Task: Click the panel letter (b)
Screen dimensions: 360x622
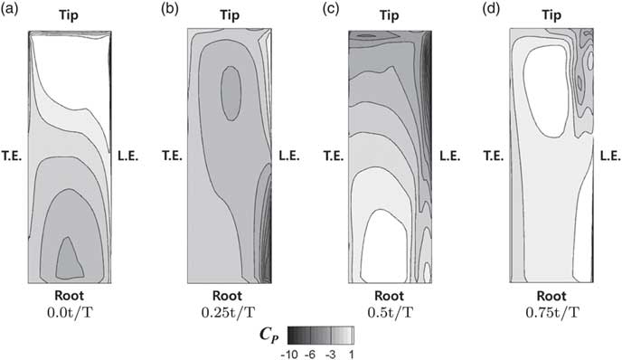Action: [166, 10]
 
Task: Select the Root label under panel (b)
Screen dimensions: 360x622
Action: [229, 295]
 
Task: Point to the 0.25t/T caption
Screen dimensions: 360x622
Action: [229, 312]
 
